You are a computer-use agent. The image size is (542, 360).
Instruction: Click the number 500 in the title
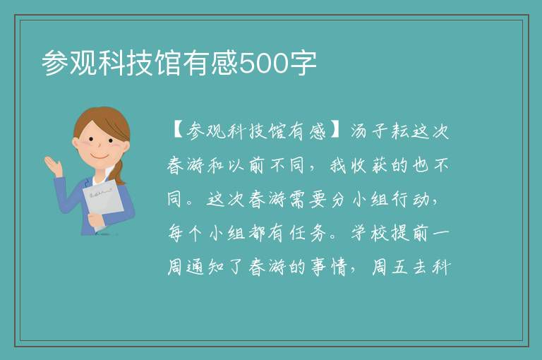pyautogui.click(x=264, y=64)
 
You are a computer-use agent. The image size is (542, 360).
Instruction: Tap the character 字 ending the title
pyautogui.click(x=303, y=64)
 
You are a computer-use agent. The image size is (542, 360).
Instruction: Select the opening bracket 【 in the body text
pyautogui.click(x=177, y=131)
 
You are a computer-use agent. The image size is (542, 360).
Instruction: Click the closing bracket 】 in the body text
pyautogui.click(x=337, y=131)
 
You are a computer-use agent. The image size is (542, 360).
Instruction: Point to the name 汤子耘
pyautogui.click(x=379, y=131)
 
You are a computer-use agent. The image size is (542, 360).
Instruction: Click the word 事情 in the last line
pyautogui.click(x=328, y=267)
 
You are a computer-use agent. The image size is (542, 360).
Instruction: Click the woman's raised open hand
pyautogui.click(x=53, y=165)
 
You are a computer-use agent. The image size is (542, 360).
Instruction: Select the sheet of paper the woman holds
pyautogui.click(x=102, y=200)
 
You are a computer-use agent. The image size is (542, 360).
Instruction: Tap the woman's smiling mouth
pyautogui.click(x=101, y=157)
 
